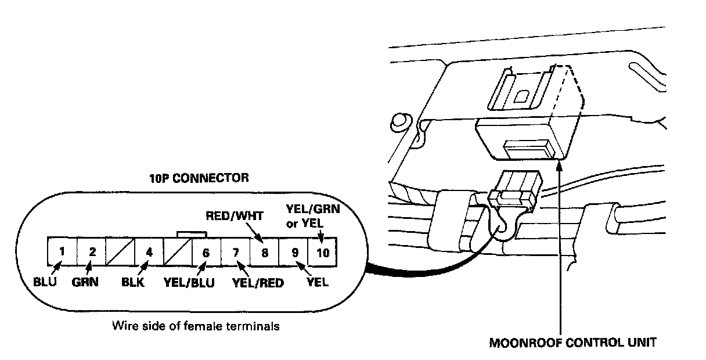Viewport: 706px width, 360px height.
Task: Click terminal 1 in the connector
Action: coord(62,251)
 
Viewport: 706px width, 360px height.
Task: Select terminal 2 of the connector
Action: coord(91,251)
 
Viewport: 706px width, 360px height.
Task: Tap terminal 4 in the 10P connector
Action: coord(149,251)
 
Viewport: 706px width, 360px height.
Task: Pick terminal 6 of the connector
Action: coord(206,251)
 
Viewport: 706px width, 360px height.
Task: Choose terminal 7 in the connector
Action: coord(235,251)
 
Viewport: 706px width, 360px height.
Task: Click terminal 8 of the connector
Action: coord(264,251)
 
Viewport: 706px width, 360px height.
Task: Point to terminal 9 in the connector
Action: coord(294,251)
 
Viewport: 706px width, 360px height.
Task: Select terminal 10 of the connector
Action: coord(323,251)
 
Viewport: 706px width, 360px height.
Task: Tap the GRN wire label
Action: coord(85,284)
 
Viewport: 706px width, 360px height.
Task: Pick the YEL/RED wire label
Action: coord(254,284)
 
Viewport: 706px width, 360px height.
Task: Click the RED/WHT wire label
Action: coord(235,216)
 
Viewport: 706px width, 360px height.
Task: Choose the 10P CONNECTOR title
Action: coord(199,178)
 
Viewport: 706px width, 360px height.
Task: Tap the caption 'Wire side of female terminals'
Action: coord(195,326)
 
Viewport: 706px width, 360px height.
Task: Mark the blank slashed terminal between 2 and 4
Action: coord(120,251)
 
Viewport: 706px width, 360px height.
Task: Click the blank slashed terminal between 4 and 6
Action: coord(177,251)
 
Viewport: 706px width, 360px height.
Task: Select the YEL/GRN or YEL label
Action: coord(314,215)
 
